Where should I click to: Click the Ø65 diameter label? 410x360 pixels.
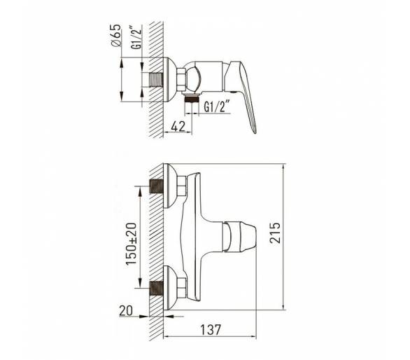coord(116,36)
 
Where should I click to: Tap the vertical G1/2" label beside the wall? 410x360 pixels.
coord(136,37)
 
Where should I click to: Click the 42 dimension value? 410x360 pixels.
coord(178,126)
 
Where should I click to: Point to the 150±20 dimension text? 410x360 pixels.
coord(132,244)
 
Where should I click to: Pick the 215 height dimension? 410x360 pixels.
coord(275,233)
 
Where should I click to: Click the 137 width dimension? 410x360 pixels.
coord(211,329)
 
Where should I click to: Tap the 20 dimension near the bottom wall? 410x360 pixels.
coord(126,311)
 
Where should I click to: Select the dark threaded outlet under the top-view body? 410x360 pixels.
coord(192,99)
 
